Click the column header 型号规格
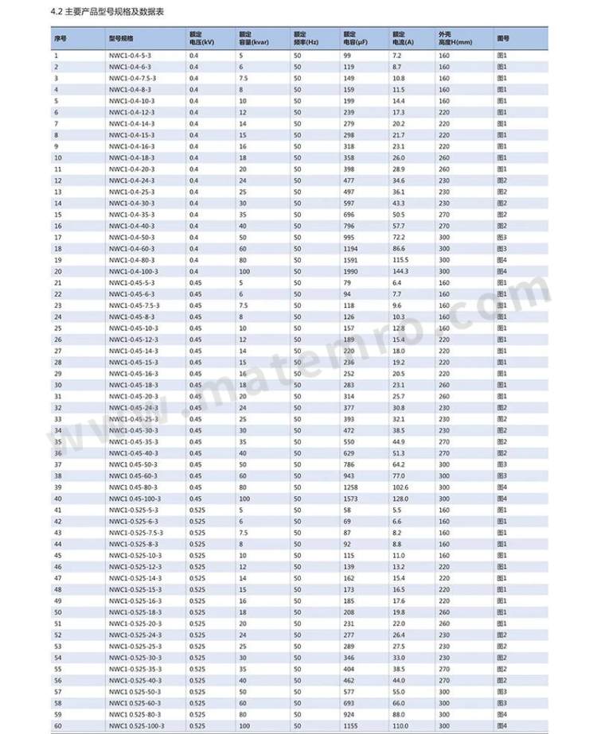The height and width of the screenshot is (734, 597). click(x=122, y=38)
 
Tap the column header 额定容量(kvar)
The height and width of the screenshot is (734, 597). click(x=256, y=38)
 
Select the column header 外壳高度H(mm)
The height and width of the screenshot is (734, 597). click(x=455, y=38)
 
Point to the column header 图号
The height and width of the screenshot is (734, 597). click(x=502, y=38)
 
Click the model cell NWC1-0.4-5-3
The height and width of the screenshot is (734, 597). click(x=129, y=56)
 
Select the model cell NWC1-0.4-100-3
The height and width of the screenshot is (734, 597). click(x=132, y=271)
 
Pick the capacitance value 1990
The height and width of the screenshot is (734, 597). click(x=352, y=271)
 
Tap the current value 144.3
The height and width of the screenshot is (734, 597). click(x=401, y=271)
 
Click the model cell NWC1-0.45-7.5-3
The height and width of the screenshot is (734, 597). click(x=134, y=305)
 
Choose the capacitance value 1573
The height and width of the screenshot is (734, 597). click(x=351, y=499)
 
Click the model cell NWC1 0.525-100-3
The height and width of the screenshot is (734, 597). click(x=136, y=726)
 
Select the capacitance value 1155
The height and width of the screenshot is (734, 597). click(x=351, y=726)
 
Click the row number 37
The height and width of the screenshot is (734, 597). click(x=58, y=464)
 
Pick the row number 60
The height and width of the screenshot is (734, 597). click(x=58, y=726)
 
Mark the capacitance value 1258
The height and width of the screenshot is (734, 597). click(x=351, y=487)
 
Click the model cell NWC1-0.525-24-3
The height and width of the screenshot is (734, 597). click(x=135, y=635)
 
